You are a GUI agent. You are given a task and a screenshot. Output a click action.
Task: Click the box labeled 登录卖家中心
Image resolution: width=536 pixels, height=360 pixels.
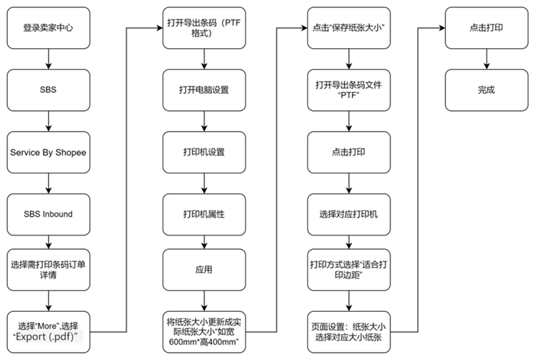pos(48,27)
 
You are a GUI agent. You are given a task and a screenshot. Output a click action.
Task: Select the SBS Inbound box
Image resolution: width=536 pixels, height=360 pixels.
pos(48,215)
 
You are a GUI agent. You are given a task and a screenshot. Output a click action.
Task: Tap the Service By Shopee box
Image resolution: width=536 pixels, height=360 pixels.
pos(48,152)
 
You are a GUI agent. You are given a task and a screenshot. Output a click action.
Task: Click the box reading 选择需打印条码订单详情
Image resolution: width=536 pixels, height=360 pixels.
pos(48,270)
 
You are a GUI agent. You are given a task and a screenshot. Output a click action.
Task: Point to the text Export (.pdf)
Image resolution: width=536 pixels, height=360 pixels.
pos(45,337)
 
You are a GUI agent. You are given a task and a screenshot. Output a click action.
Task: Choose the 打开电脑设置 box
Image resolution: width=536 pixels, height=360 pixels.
pos(204,90)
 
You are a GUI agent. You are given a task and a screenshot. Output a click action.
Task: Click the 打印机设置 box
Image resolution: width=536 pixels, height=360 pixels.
pos(204,152)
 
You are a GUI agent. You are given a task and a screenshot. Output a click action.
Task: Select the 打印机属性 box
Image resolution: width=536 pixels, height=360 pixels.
pos(204,215)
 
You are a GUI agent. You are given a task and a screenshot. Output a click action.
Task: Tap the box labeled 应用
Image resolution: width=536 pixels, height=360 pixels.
pos(204,270)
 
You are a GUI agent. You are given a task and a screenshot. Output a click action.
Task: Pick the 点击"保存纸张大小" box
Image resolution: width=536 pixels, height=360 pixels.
pos(349,27)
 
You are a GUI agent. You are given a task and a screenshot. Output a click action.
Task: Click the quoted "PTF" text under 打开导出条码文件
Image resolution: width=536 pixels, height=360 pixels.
pos(348,95)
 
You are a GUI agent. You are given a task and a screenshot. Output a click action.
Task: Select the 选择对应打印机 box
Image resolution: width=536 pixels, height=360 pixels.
pos(349,215)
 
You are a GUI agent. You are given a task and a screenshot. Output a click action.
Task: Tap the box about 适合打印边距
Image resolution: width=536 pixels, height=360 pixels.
pos(349,270)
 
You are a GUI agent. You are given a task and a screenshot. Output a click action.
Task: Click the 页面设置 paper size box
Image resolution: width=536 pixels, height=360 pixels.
pos(349,332)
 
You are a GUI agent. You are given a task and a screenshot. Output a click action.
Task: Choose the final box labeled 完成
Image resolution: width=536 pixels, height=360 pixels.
pos(486,90)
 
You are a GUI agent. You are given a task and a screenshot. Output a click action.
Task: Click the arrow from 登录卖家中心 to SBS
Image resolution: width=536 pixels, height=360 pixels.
pos(48,59)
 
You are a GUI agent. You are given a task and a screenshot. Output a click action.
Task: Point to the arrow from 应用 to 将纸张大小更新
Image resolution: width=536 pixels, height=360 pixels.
pos(204,301)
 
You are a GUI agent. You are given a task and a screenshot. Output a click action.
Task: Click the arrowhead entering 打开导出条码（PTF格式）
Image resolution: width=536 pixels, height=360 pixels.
pos(159,27)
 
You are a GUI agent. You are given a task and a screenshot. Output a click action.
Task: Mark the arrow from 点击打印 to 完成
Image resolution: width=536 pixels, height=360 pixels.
pos(486,59)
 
